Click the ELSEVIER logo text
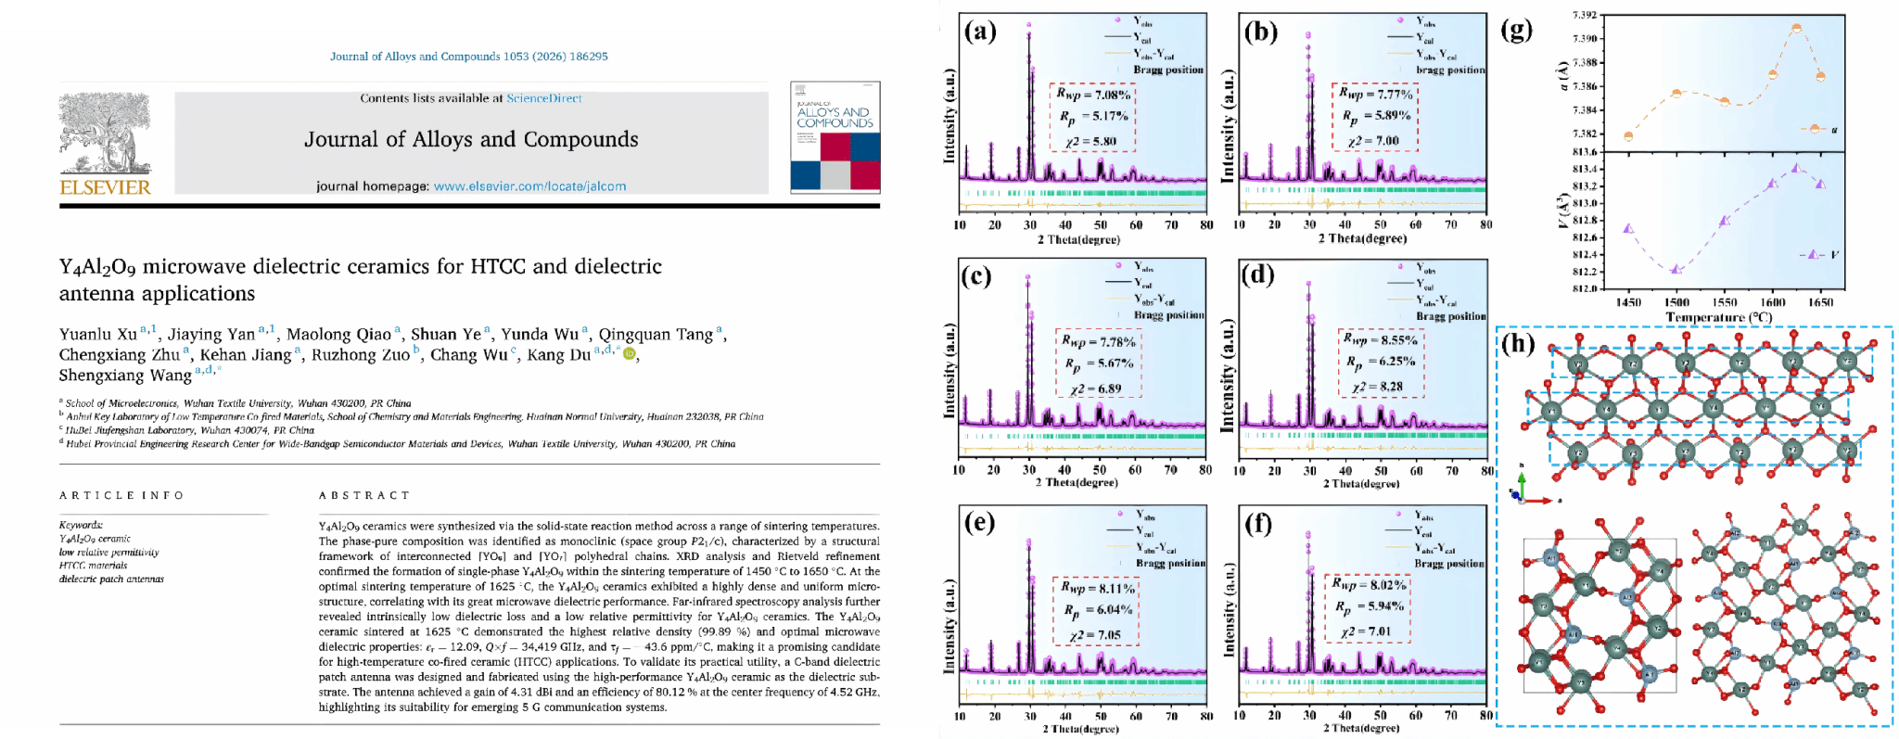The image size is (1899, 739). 105,187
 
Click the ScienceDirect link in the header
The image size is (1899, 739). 544,98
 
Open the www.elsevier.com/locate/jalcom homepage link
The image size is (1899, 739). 529,186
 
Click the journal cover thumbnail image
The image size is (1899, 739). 835,136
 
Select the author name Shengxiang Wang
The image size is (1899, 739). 125,376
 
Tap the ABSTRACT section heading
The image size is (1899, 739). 364,496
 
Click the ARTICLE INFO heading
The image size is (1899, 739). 121,496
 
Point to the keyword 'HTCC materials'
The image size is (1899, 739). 93,566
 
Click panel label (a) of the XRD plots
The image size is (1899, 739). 980,32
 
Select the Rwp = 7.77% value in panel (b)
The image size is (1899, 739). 1375,95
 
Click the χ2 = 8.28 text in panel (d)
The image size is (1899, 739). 1376,387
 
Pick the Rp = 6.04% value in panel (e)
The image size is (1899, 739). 1097,610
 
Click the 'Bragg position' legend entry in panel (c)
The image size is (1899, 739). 1168,315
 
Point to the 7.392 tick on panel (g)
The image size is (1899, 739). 1585,15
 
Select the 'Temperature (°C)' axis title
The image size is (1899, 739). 1718,318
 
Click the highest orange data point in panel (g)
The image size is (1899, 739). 1796,28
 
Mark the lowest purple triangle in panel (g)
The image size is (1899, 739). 1676,269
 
